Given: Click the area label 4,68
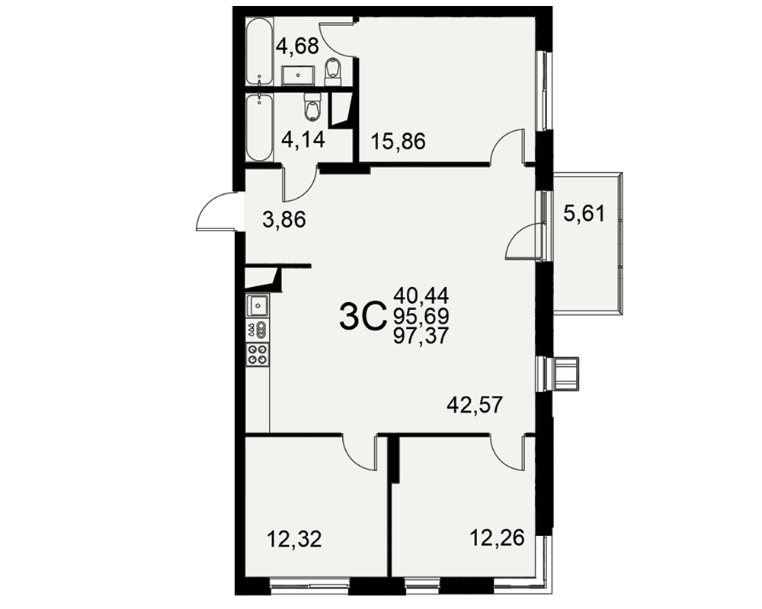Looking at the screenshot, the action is pyautogui.click(x=297, y=46).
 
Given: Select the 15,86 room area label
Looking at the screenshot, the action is pyautogui.click(x=398, y=142).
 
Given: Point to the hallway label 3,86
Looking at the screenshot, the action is pyautogui.click(x=284, y=220).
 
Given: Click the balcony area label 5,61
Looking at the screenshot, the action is pyautogui.click(x=584, y=213).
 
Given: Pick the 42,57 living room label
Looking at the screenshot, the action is pyautogui.click(x=474, y=404).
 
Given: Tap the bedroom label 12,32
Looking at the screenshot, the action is pyautogui.click(x=294, y=539).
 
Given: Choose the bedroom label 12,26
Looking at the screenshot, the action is pyautogui.click(x=497, y=537).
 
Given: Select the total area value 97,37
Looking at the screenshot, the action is pyautogui.click(x=421, y=336).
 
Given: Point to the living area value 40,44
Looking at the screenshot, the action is pyautogui.click(x=421, y=295).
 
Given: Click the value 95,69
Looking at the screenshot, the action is pyautogui.click(x=421, y=316).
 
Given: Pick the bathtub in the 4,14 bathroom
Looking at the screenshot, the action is pyautogui.click(x=259, y=128).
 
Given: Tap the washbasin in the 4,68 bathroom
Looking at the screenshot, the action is pyautogui.click(x=298, y=76).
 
